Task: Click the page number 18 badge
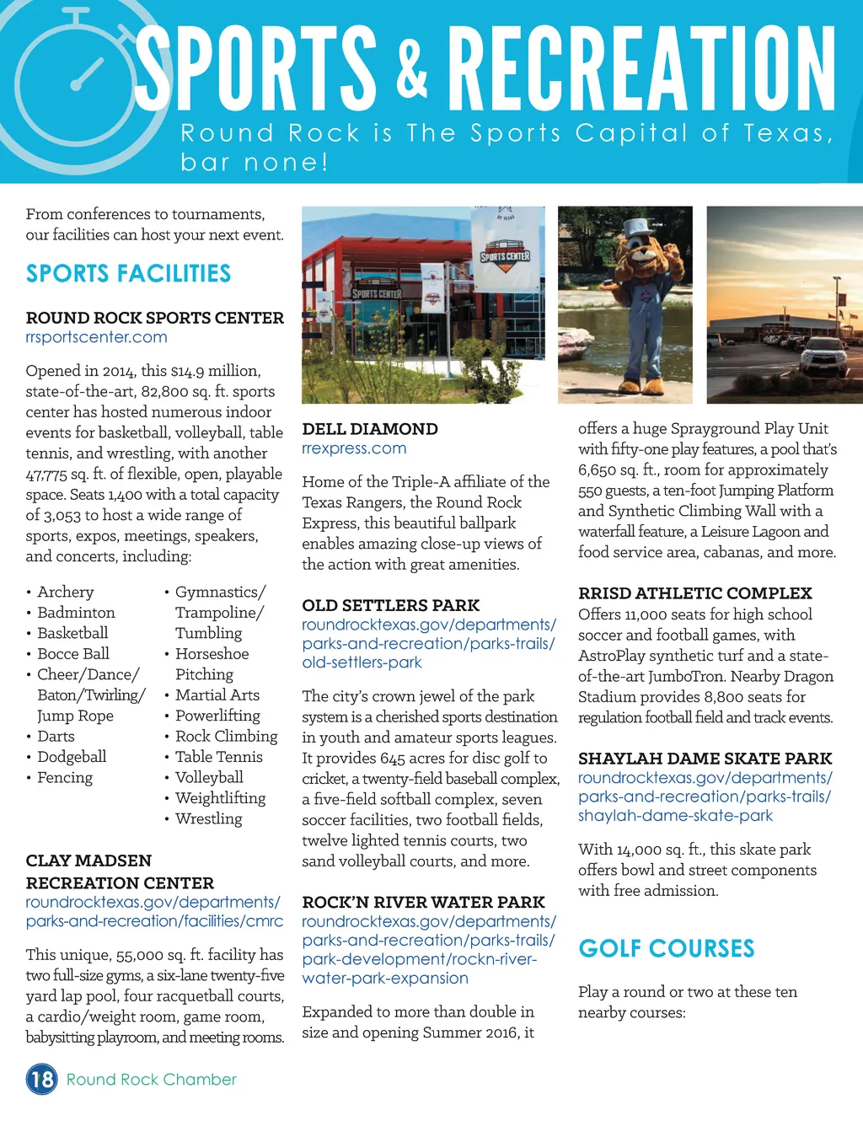[41, 1079]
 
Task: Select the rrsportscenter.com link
[96, 337]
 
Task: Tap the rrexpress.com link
[354, 448]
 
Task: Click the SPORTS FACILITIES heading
[128, 273]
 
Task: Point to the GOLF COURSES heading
[666, 948]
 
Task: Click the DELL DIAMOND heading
[370, 429]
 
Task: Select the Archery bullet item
[65, 592]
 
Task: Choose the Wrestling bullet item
[208, 818]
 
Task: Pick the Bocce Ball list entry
[72, 653]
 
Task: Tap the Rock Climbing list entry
[226, 736]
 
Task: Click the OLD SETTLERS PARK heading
[390, 605]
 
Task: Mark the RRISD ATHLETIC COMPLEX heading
[694, 593]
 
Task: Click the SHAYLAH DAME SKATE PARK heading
[705, 759]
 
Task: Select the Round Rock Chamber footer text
[152, 1079]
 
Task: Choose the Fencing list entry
[64, 777]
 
